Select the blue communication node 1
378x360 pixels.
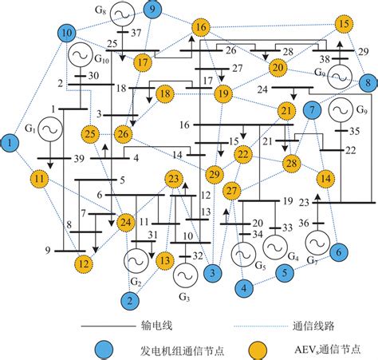click(x=10, y=143)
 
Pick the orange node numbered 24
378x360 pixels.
click(x=126, y=221)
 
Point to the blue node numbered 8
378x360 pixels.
click(x=367, y=81)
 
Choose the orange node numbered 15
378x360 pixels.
click(x=344, y=24)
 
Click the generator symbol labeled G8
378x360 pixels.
click(x=121, y=14)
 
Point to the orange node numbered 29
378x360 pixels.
click(x=214, y=175)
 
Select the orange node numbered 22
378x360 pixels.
click(x=243, y=154)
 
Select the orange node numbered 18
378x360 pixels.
click(x=165, y=95)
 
